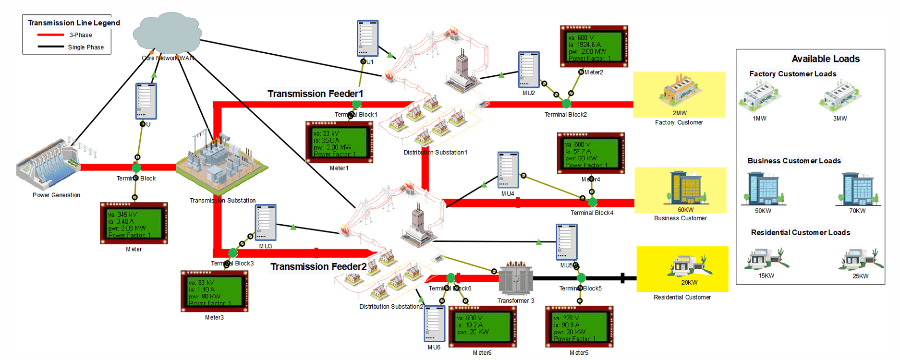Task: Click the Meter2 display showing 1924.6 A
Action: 594,47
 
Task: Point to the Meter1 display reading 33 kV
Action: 339,143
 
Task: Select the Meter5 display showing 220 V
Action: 579,327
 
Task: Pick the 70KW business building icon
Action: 858,189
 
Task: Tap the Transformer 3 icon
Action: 516,278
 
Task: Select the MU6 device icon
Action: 434,324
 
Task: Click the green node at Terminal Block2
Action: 567,103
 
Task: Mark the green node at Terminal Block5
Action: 581,278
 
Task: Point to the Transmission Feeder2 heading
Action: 318,266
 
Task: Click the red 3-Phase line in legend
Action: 50,35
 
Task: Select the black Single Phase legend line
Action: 50,47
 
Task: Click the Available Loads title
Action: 825,59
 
